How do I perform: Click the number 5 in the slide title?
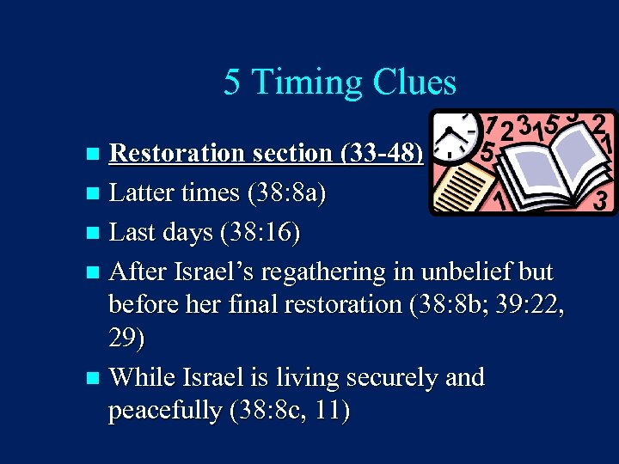coord(231,82)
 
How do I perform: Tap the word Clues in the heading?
coord(414,82)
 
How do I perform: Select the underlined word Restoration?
coord(177,153)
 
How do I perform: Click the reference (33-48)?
coord(382,153)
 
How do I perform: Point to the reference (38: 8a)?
coord(286,193)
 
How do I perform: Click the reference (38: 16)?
coord(258,233)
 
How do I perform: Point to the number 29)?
coord(126,339)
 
